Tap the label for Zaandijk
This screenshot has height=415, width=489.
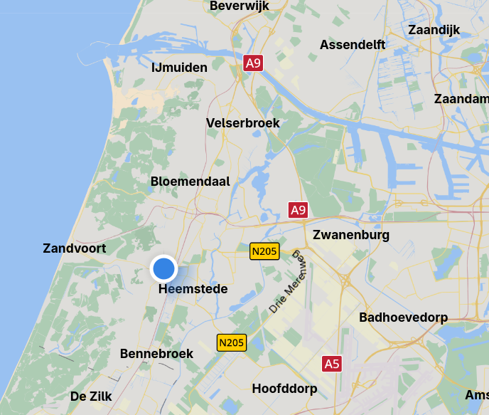click(x=434, y=30)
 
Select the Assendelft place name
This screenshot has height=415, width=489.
click(x=353, y=45)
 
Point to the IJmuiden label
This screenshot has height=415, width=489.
click(x=179, y=68)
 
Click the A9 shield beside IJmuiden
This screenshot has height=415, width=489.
click(x=253, y=63)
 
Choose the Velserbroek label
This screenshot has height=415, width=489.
click(x=243, y=123)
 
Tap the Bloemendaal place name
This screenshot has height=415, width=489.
click(x=190, y=182)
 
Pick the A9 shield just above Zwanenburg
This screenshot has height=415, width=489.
click(x=298, y=210)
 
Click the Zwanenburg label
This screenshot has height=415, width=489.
click(x=351, y=235)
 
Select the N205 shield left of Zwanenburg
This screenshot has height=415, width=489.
click(x=264, y=251)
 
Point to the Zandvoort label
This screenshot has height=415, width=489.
click(x=75, y=248)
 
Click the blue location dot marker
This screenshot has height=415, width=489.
click(x=164, y=269)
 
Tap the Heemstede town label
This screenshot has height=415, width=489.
click(x=193, y=289)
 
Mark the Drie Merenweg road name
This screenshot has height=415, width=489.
click(x=288, y=282)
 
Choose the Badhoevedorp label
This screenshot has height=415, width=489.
click(x=404, y=317)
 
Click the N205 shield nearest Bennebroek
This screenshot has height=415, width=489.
click(x=231, y=342)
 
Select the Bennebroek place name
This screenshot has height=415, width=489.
click(x=156, y=354)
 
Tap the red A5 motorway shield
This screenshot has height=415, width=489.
click(x=332, y=364)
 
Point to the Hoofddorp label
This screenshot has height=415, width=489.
click(x=284, y=389)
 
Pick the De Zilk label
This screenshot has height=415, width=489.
click(x=91, y=396)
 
